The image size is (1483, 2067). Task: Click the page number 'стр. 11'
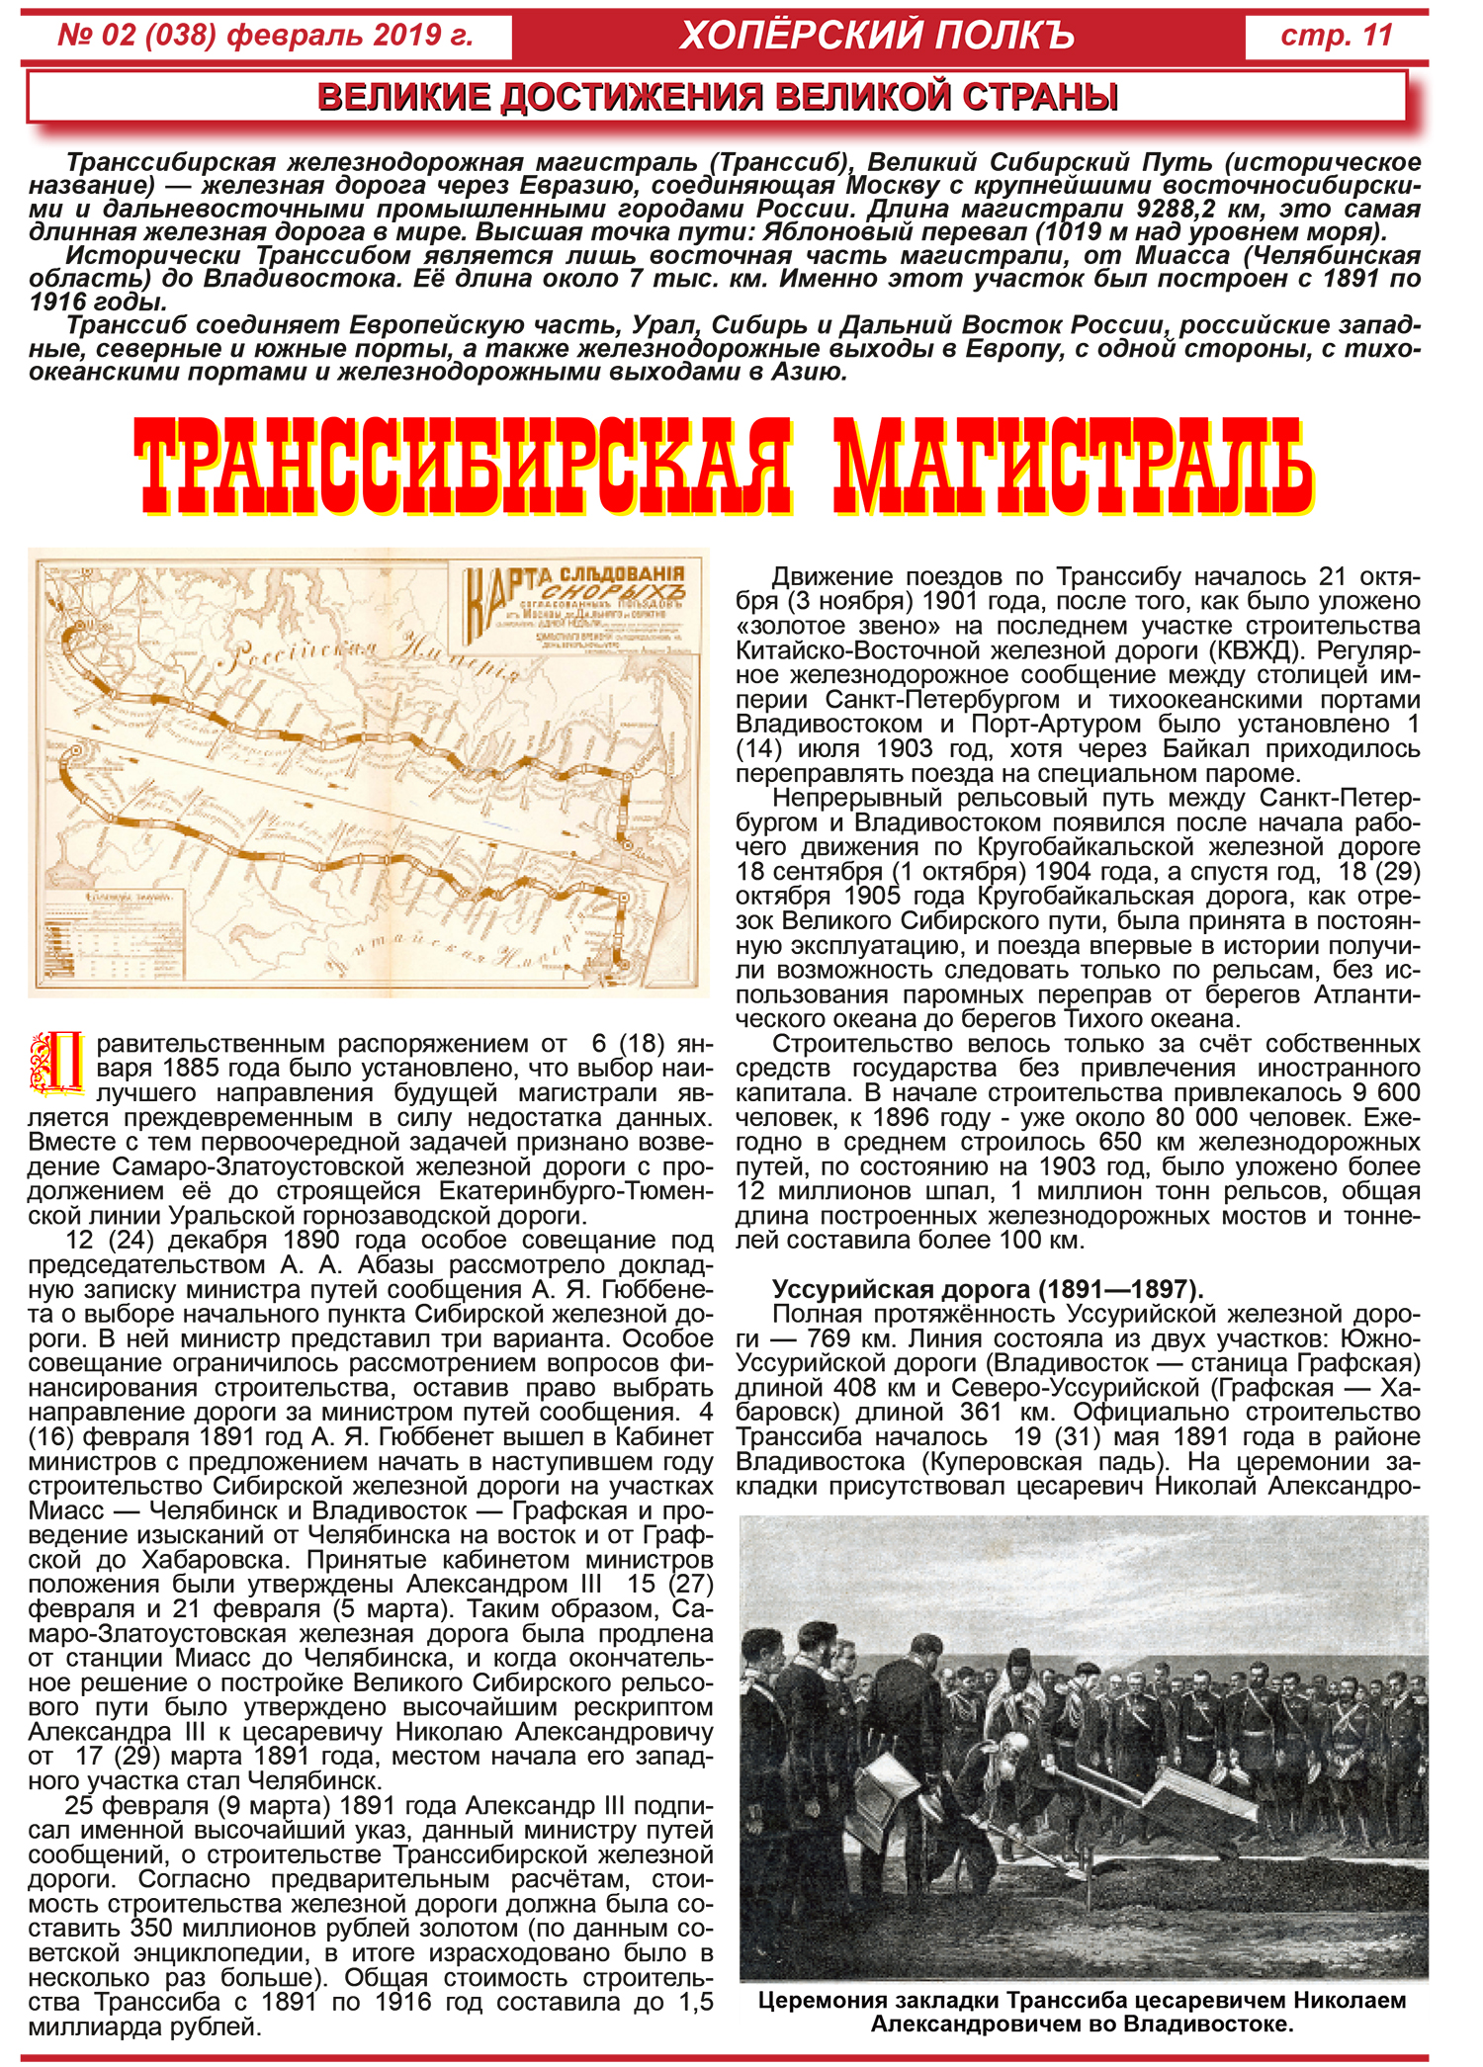coord(1336,36)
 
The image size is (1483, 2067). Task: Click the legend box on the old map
coord(115,934)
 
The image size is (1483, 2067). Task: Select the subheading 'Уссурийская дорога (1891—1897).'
coord(988,1289)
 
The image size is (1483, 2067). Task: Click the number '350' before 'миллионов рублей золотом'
coord(151,1928)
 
